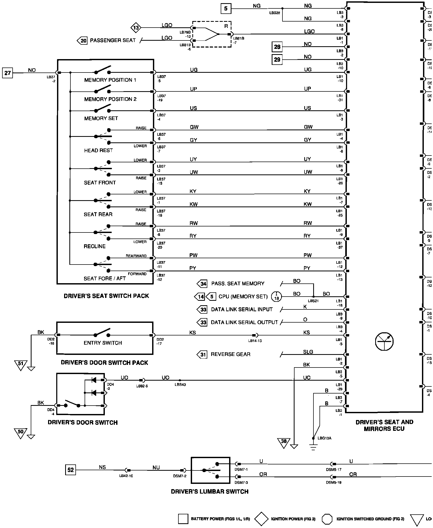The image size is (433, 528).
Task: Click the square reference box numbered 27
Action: [x=8, y=73]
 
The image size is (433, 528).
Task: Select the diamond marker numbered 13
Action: [x=136, y=28]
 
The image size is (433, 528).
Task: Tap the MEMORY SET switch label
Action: [x=101, y=118]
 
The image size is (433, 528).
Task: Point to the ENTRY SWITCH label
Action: [x=103, y=343]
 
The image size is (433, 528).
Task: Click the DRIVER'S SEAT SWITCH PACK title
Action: [x=106, y=296]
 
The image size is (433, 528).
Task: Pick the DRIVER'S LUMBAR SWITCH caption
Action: [x=209, y=491]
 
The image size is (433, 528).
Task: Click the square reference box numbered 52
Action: [x=71, y=470]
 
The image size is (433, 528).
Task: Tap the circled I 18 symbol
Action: [x=276, y=297]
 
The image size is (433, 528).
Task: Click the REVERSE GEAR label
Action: [x=230, y=354]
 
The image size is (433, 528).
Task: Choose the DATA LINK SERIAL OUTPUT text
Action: [x=244, y=322]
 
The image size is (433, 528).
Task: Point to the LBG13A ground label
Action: [x=324, y=438]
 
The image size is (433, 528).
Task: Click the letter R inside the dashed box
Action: [x=226, y=26]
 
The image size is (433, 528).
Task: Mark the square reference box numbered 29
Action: [x=277, y=60]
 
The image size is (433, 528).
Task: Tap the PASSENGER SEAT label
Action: [x=113, y=40]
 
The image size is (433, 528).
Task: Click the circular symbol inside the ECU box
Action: [x=384, y=341]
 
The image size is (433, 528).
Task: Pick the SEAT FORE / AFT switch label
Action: [x=105, y=278]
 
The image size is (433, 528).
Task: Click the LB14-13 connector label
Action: [x=255, y=341]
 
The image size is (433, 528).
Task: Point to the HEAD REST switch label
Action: [x=98, y=151]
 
